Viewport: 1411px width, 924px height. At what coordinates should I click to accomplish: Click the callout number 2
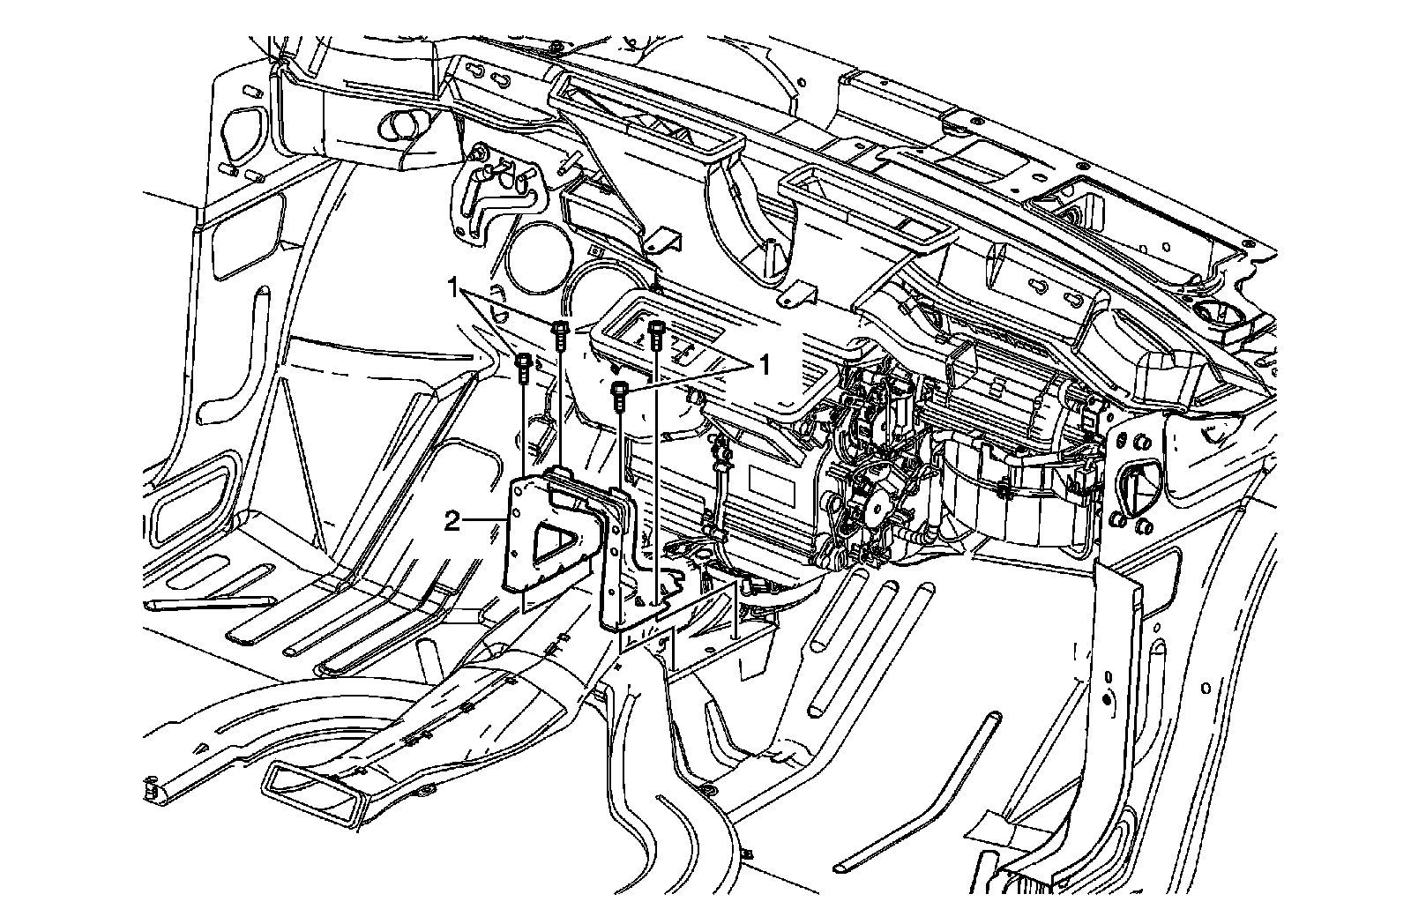coord(452,522)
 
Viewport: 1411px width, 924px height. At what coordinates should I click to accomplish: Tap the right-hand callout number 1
coord(765,363)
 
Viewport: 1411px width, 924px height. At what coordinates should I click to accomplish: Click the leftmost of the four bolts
coord(523,365)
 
